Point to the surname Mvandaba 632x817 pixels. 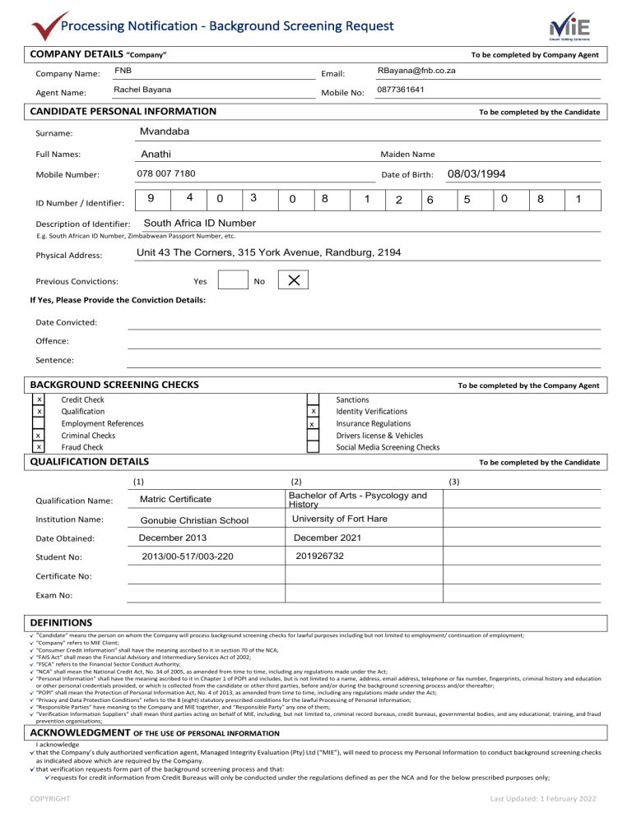click(x=166, y=132)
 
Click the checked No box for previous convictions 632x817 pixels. click(x=293, y=281)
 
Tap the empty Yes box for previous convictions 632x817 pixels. click(x=233, y=281)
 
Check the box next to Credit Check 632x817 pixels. click(x=39, y=399)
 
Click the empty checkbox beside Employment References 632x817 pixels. click(x=39, y=423)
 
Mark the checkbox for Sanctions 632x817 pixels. click(x=313, y=399)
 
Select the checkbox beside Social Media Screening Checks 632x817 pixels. click(x=313, y=447)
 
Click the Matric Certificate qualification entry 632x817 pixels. click(x=175, y=500)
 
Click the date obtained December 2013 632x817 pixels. click(x=174, y=538)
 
